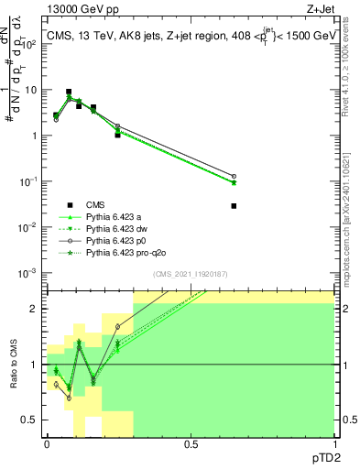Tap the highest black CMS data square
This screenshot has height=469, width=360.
pyautogui.click(x=69, y=92)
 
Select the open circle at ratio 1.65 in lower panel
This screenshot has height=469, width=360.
pyautogui.click(x=117, y=327)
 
